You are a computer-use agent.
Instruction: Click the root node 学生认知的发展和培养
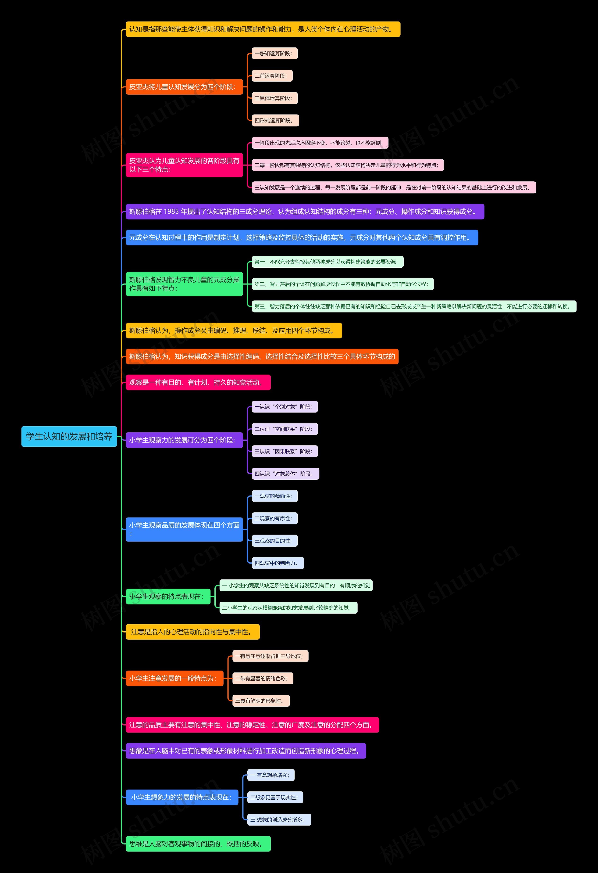click(69, 437)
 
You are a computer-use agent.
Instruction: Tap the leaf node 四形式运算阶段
click(275, 121)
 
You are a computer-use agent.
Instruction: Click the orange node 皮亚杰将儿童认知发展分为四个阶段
click(184, 87)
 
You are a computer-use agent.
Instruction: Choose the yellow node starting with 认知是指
click(263, 29)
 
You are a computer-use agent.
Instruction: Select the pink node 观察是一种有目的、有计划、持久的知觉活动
click(198, 382)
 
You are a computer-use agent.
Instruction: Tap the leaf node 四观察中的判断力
click(278, 563)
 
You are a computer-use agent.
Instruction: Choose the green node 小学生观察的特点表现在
click(168, 596)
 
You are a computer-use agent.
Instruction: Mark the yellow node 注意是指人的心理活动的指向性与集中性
click(192, 632)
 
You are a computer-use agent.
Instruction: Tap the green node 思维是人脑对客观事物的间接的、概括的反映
click(198, 844)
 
